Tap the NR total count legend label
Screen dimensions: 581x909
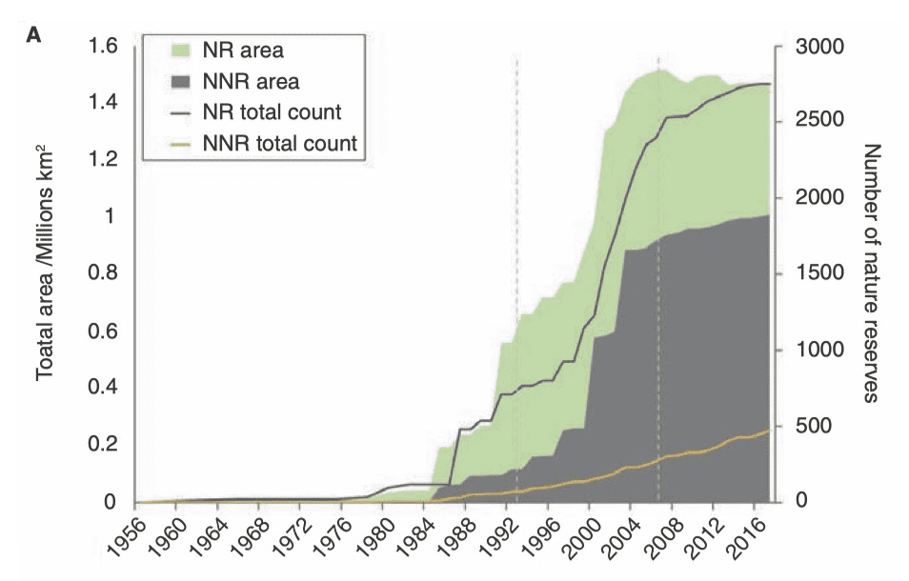(272, 112)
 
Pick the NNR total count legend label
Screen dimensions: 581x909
(279, 144)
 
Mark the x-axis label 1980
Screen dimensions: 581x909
(372, 538)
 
